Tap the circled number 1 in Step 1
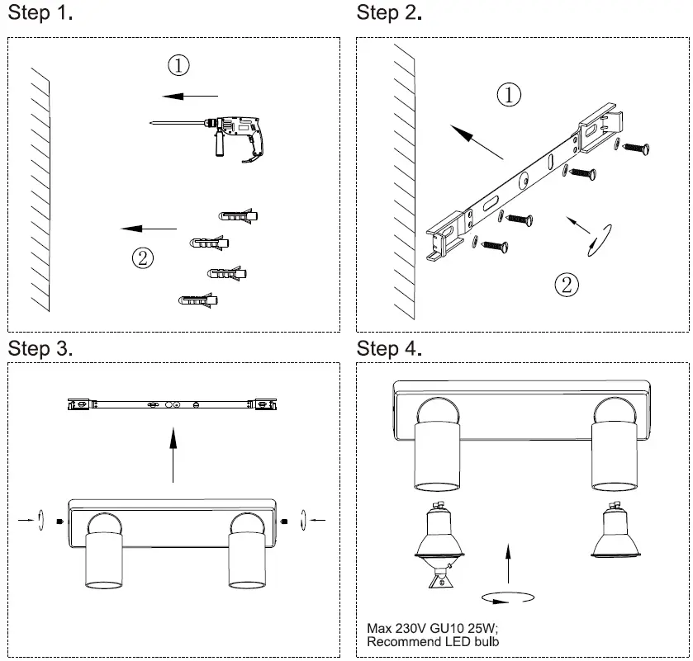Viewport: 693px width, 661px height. click(178, 64)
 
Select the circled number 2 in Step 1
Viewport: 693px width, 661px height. click(143, 258)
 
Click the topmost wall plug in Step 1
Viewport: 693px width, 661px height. click(239, 217)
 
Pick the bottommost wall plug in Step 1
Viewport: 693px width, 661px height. click(199, 301)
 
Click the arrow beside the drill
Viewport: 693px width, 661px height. click(190, 97)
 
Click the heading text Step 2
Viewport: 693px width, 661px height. click(389, 13)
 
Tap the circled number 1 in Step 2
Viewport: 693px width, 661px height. click(509, 95)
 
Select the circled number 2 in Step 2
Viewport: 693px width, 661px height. click(566, 285)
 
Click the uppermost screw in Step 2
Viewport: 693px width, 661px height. click(636, 148)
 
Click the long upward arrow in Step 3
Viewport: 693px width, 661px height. click(173, 454)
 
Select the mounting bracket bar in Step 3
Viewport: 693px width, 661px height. click(173, 404)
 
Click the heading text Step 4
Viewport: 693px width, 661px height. click(389, 349)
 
